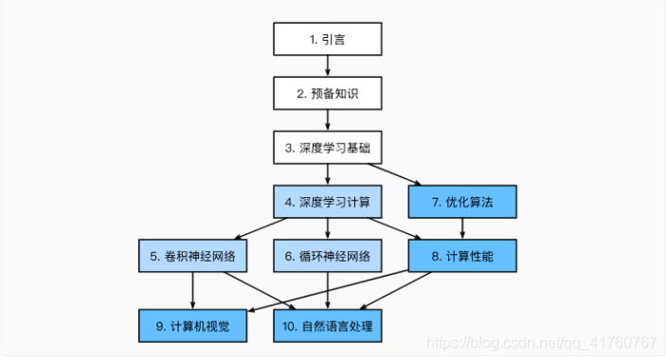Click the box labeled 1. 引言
[x=328, y=39]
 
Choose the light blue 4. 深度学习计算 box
[x=328, y=201]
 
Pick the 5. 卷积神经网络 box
[x=193, y=255]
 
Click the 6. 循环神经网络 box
[x=328, y=255]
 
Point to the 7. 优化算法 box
[x=462, y=201]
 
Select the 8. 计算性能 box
[x=462, y=255]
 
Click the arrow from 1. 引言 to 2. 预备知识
[x=328, y=65]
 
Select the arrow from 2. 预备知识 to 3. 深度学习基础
[x=328, y=119]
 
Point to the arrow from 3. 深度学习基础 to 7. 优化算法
[x=396, y=174]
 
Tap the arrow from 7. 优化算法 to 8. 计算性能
[x=462, y=227]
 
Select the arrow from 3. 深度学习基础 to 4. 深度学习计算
[x=328, y=173]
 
